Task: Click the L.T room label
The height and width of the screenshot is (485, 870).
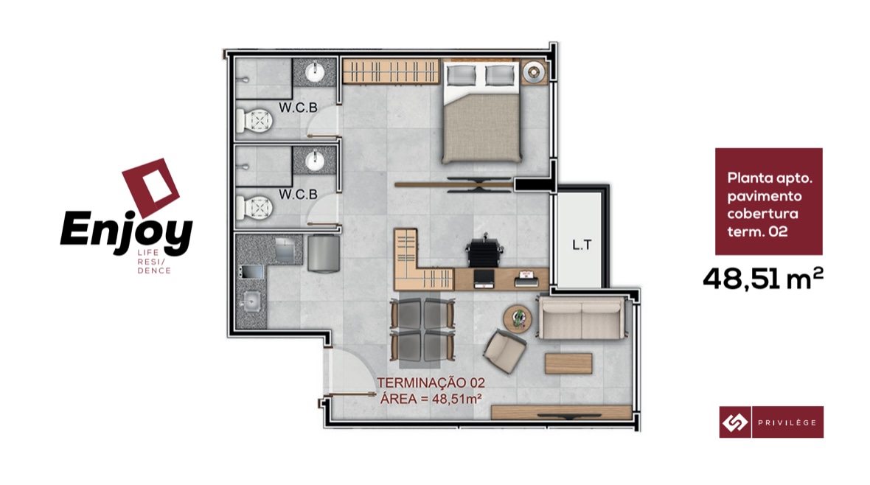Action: [x=582, y=245]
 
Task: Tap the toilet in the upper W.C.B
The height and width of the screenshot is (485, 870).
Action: [x=254, y=120]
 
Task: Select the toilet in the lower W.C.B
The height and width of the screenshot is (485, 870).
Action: [x=254, y=208]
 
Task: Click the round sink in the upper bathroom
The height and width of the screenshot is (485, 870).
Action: [x=315, y=71]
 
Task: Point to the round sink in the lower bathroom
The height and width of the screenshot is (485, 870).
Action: [x=315, y=161]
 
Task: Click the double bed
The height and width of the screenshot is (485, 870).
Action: [x=481, y=111]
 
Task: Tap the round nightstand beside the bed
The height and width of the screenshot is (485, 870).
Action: [x=534, y=71]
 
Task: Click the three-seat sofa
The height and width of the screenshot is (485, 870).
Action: [x=582, y=318]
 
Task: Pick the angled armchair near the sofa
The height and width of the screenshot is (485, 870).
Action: [x=505, y=351]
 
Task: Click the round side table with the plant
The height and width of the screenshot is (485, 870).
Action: [x=518, y=319]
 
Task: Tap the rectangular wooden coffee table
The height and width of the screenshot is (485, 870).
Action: [x=568, y=363]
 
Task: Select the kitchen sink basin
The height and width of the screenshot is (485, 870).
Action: [x=251, y=301]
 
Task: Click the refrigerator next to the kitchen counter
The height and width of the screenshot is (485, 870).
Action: [x=323, y=253]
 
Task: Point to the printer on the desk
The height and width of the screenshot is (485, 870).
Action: [x=526, y=279]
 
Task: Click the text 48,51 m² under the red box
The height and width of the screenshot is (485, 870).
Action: [x=763, y=279]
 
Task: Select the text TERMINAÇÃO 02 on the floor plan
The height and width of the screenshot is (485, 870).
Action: [x=431, y=383]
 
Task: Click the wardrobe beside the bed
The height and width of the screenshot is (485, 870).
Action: [x=391, y=71]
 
